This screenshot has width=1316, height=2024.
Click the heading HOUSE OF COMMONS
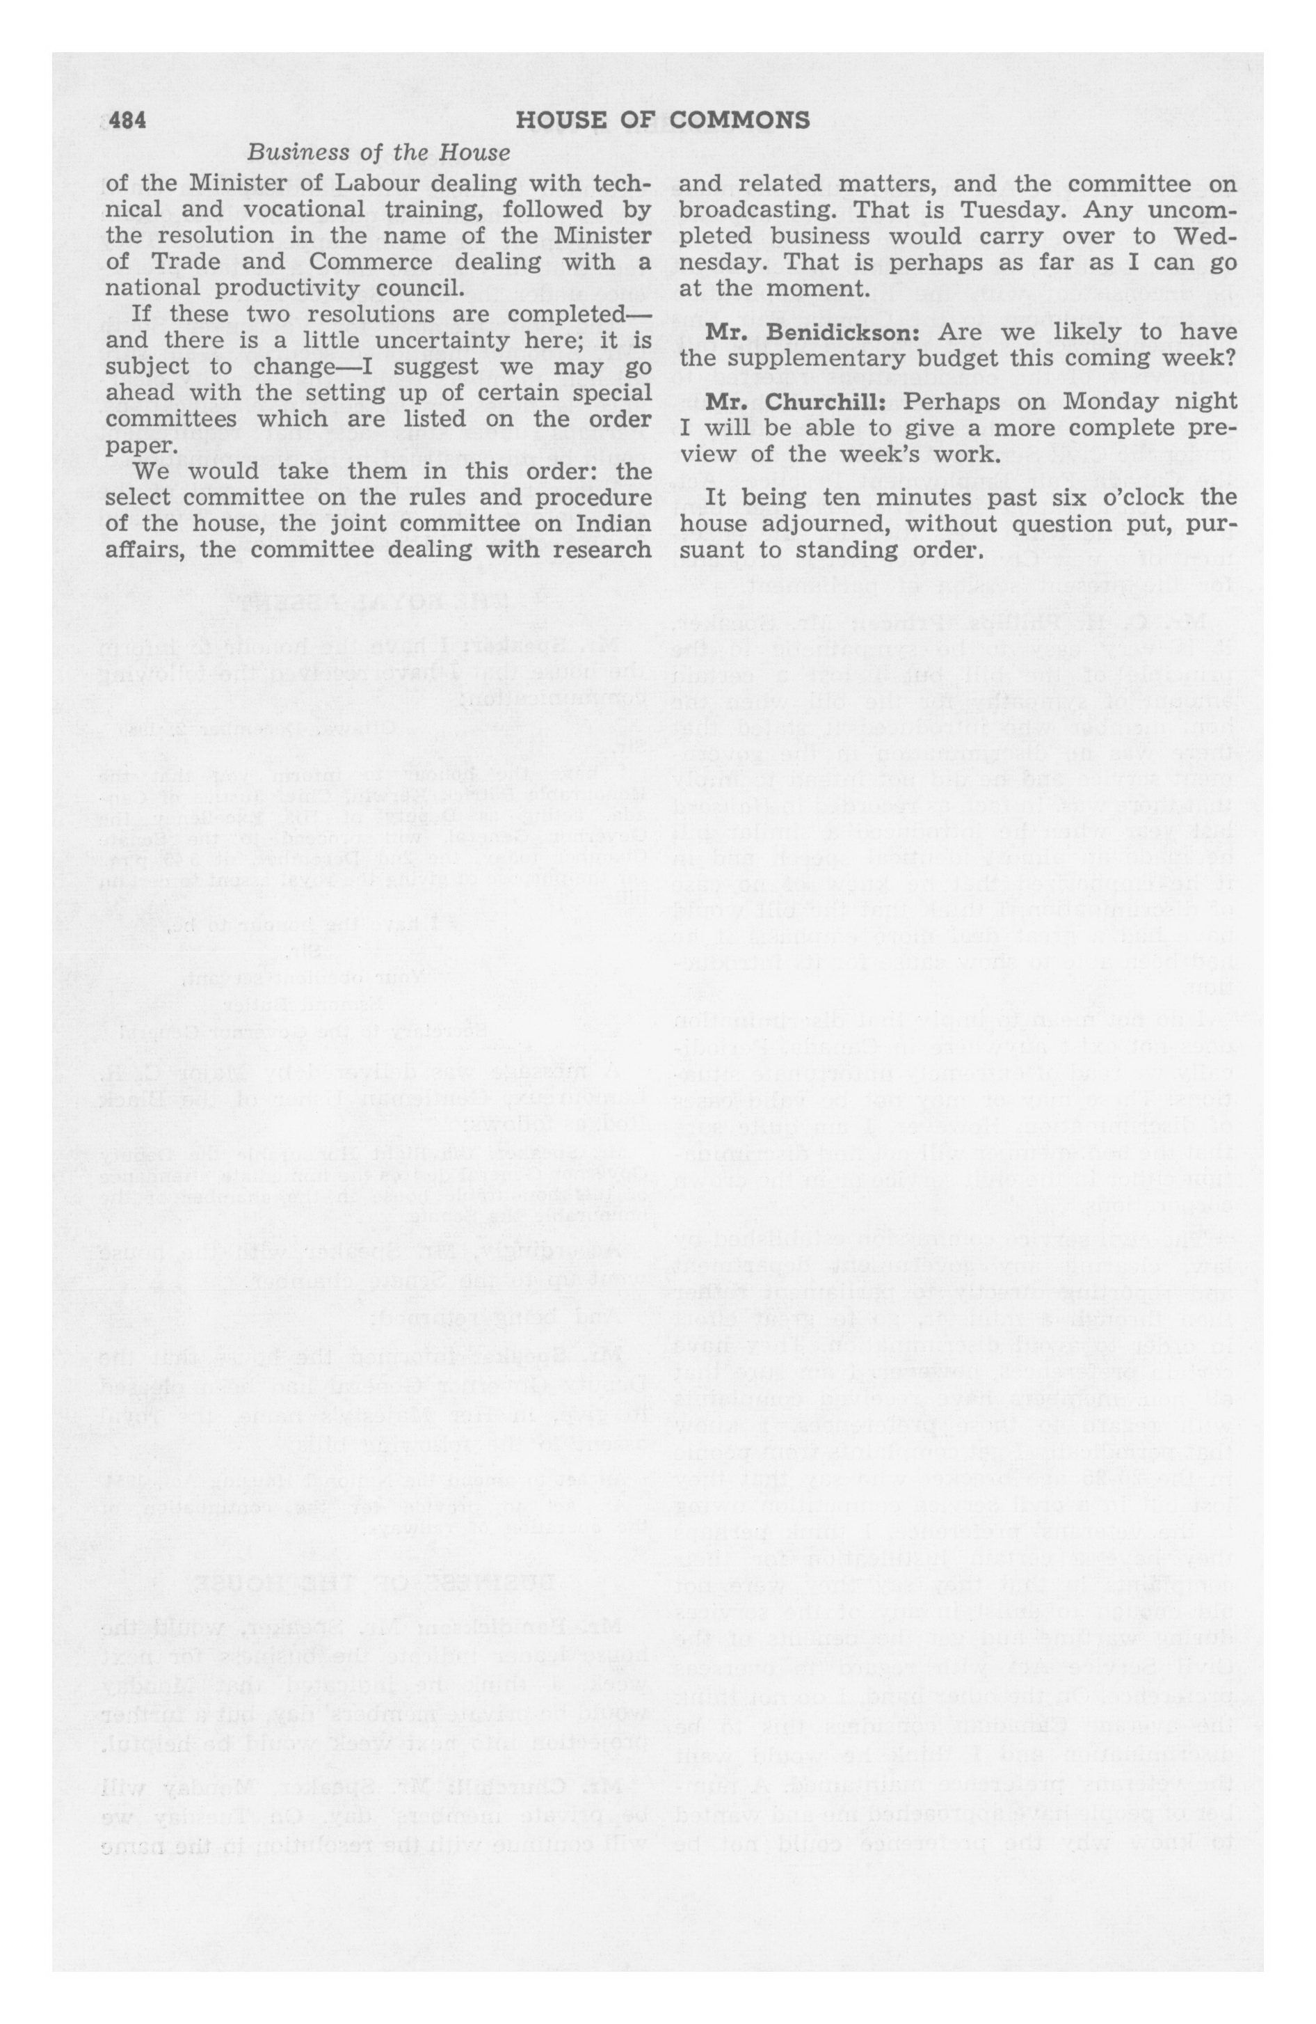[x=662, y=121]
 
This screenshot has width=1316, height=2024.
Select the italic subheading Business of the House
[x=378, y=153]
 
